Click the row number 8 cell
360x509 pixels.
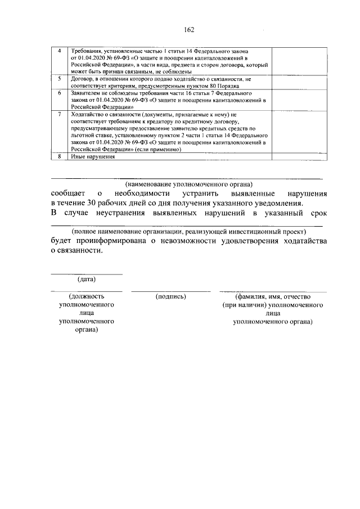coord(60,156)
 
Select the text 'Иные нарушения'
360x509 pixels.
coord(92,156)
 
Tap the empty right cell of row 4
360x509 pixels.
coord(294,61)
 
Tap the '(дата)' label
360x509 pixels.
coord(86,279)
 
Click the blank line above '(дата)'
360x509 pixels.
coord(86,274)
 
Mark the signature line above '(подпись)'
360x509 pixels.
coord(170,291)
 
